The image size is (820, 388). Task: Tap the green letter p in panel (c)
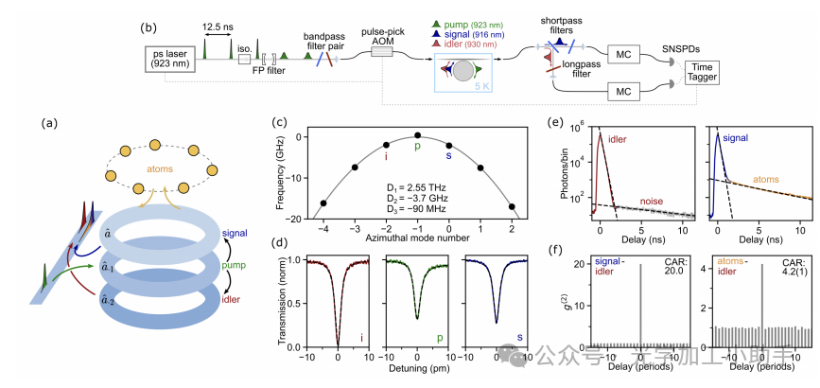pyautogui.click(x=416, y=147)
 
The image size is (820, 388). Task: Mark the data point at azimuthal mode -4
pyautogui.click(x=323, y=203)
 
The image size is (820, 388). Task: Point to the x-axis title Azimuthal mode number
pyautogui.click(x=417, y=233)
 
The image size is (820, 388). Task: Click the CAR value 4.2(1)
pyautogui.click(x=794, y=267)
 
